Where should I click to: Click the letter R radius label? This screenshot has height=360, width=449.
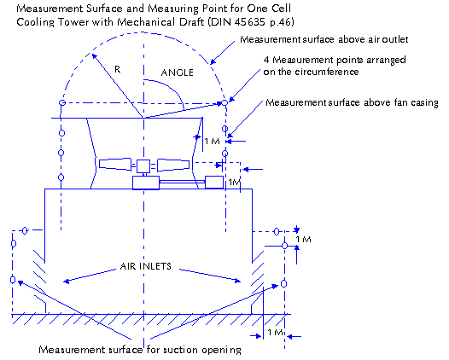(118, 69)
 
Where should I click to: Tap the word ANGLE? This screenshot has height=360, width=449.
(177, 73)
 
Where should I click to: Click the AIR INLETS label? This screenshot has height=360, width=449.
(146, 266)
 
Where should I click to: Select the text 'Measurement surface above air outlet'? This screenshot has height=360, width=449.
(324, 39)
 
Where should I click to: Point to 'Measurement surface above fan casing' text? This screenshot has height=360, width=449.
(352, 102)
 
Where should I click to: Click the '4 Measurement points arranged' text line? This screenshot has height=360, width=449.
(335, 60)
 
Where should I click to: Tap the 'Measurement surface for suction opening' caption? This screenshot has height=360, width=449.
(140, 350)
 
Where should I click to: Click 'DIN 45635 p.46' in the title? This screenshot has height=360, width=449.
(251, 22)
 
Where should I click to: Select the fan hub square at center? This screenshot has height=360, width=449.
(143, 166)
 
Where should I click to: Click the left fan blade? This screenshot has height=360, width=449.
(115, 165)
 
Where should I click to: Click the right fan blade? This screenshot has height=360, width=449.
(173, 165)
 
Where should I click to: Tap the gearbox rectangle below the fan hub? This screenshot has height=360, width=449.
(146, 183)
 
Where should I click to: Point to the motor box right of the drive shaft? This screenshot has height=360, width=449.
(214, 183)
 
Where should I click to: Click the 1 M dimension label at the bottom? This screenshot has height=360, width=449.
(275, 332)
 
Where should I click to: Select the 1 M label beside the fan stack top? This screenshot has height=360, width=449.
(212, 141)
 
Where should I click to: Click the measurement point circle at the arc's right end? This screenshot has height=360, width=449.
(225, 102)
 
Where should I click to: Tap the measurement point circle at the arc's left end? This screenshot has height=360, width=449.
(62, 102)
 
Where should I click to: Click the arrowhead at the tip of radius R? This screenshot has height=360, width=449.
(94, 56)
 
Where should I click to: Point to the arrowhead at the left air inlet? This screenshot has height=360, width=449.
(66, 282)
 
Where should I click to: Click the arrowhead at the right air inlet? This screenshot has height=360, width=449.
(237, 281)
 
